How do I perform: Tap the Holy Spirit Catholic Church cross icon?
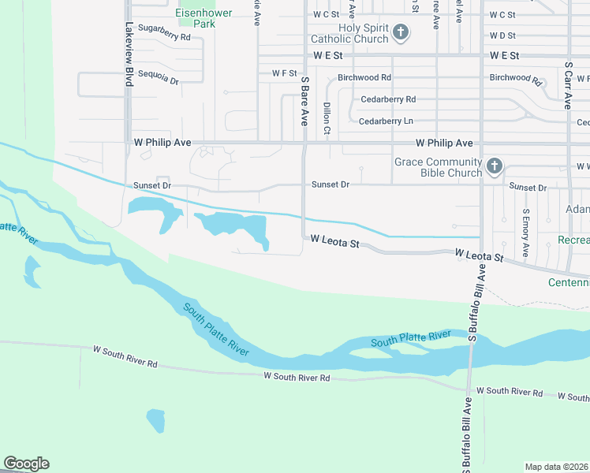click(x=401, y=32)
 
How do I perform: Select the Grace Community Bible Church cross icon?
click(x=494, y=166)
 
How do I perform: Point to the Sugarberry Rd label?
click(x=164, y=37)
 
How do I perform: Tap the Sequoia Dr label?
click(x=159, y=80)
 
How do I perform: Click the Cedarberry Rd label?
click(x=388, y=99)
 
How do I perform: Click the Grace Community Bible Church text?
click(x=438, y=167)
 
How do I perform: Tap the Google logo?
click(x=26, y=464)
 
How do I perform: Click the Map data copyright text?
click(x=557, y=467)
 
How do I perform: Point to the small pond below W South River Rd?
click(x=156, y=419)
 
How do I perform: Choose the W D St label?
click(x=502, y=35)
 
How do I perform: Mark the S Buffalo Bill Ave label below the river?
click(x=468, y=434)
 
